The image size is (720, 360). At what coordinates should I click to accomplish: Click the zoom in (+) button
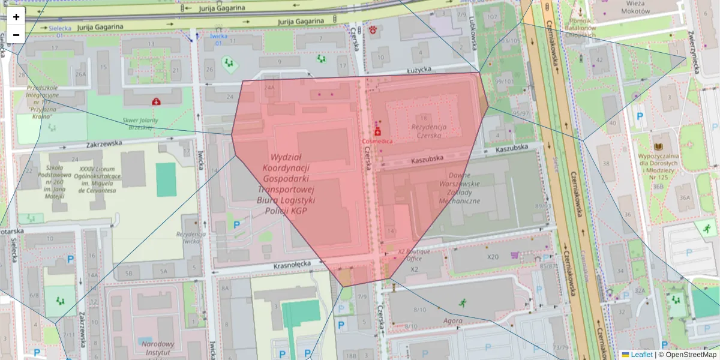(16, 17)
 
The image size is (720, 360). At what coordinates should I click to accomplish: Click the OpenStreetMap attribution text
(690, 355)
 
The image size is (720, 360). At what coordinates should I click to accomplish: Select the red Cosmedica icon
(377, 131)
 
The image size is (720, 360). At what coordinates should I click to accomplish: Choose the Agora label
(452, 320)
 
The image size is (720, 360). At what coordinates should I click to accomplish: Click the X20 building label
(493, 257)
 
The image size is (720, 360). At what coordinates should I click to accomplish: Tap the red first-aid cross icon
(157, 102)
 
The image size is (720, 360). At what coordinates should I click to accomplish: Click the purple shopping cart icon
(514, 255)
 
